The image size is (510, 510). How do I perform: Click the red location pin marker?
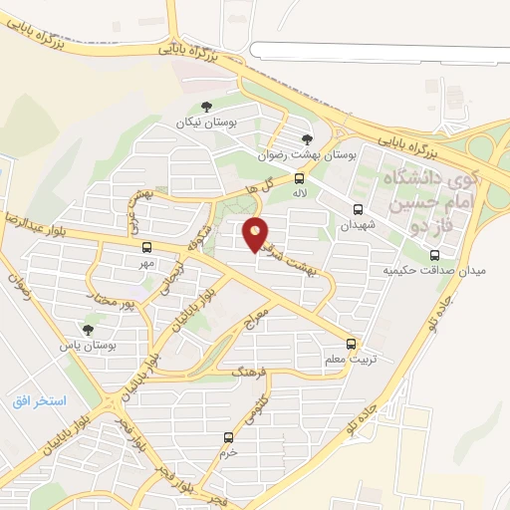click(x=256, y=233)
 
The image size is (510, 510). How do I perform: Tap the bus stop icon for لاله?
click(x=299, y=177)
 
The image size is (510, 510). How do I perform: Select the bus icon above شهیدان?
click(x=358, y=209)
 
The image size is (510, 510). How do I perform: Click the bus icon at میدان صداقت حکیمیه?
click(x=433, y=255)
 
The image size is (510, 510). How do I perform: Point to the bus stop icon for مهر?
click(x=146, y=247)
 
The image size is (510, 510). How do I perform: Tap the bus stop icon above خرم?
click(x=229, y=436)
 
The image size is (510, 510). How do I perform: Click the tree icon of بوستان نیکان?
click(x=206, y=106)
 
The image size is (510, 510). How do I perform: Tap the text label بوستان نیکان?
click(x=195, y=122)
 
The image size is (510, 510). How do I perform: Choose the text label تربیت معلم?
click(x=345, y=359)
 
